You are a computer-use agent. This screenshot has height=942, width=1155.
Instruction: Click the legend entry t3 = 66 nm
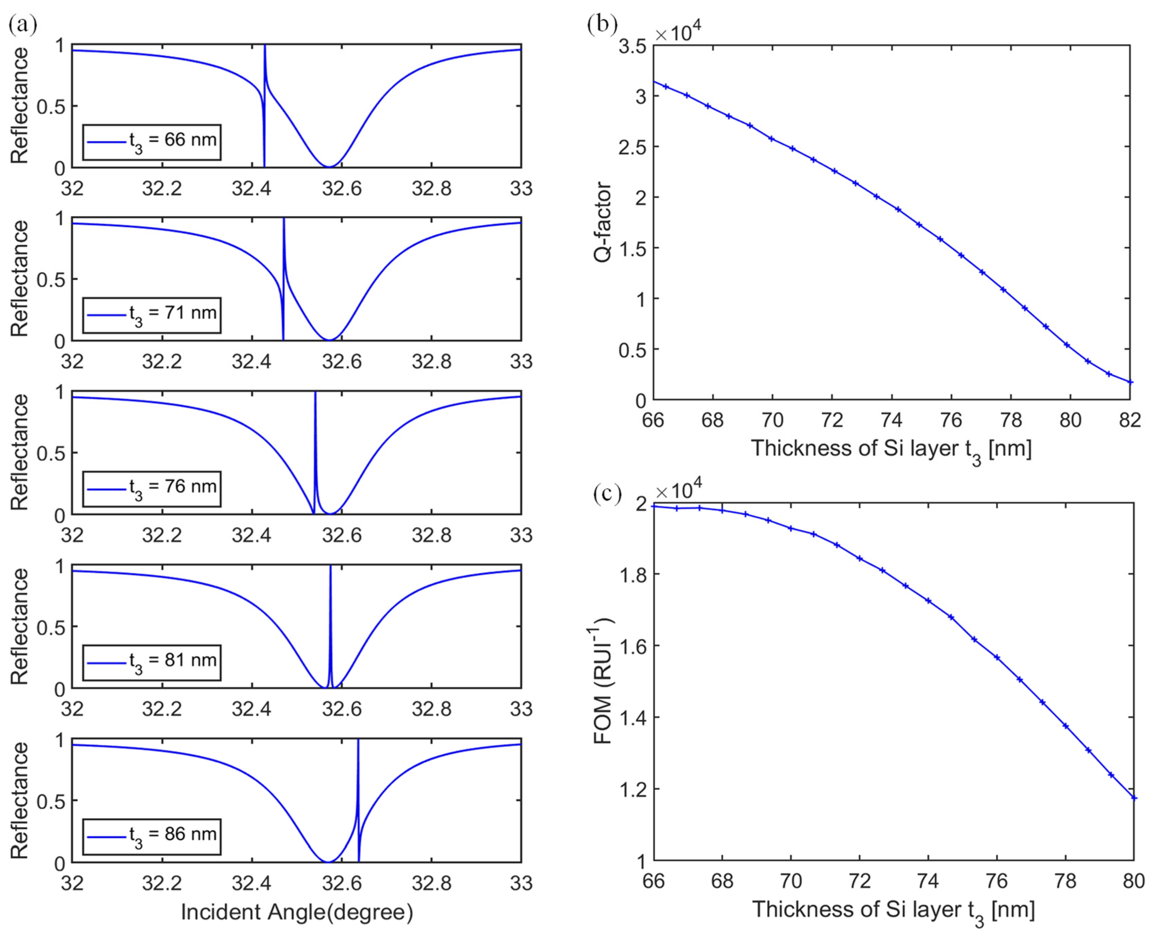[152, 142]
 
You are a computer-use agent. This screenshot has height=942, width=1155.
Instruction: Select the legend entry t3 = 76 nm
[152, 488]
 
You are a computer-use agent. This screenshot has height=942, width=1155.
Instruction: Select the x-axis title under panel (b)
[891, 448]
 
